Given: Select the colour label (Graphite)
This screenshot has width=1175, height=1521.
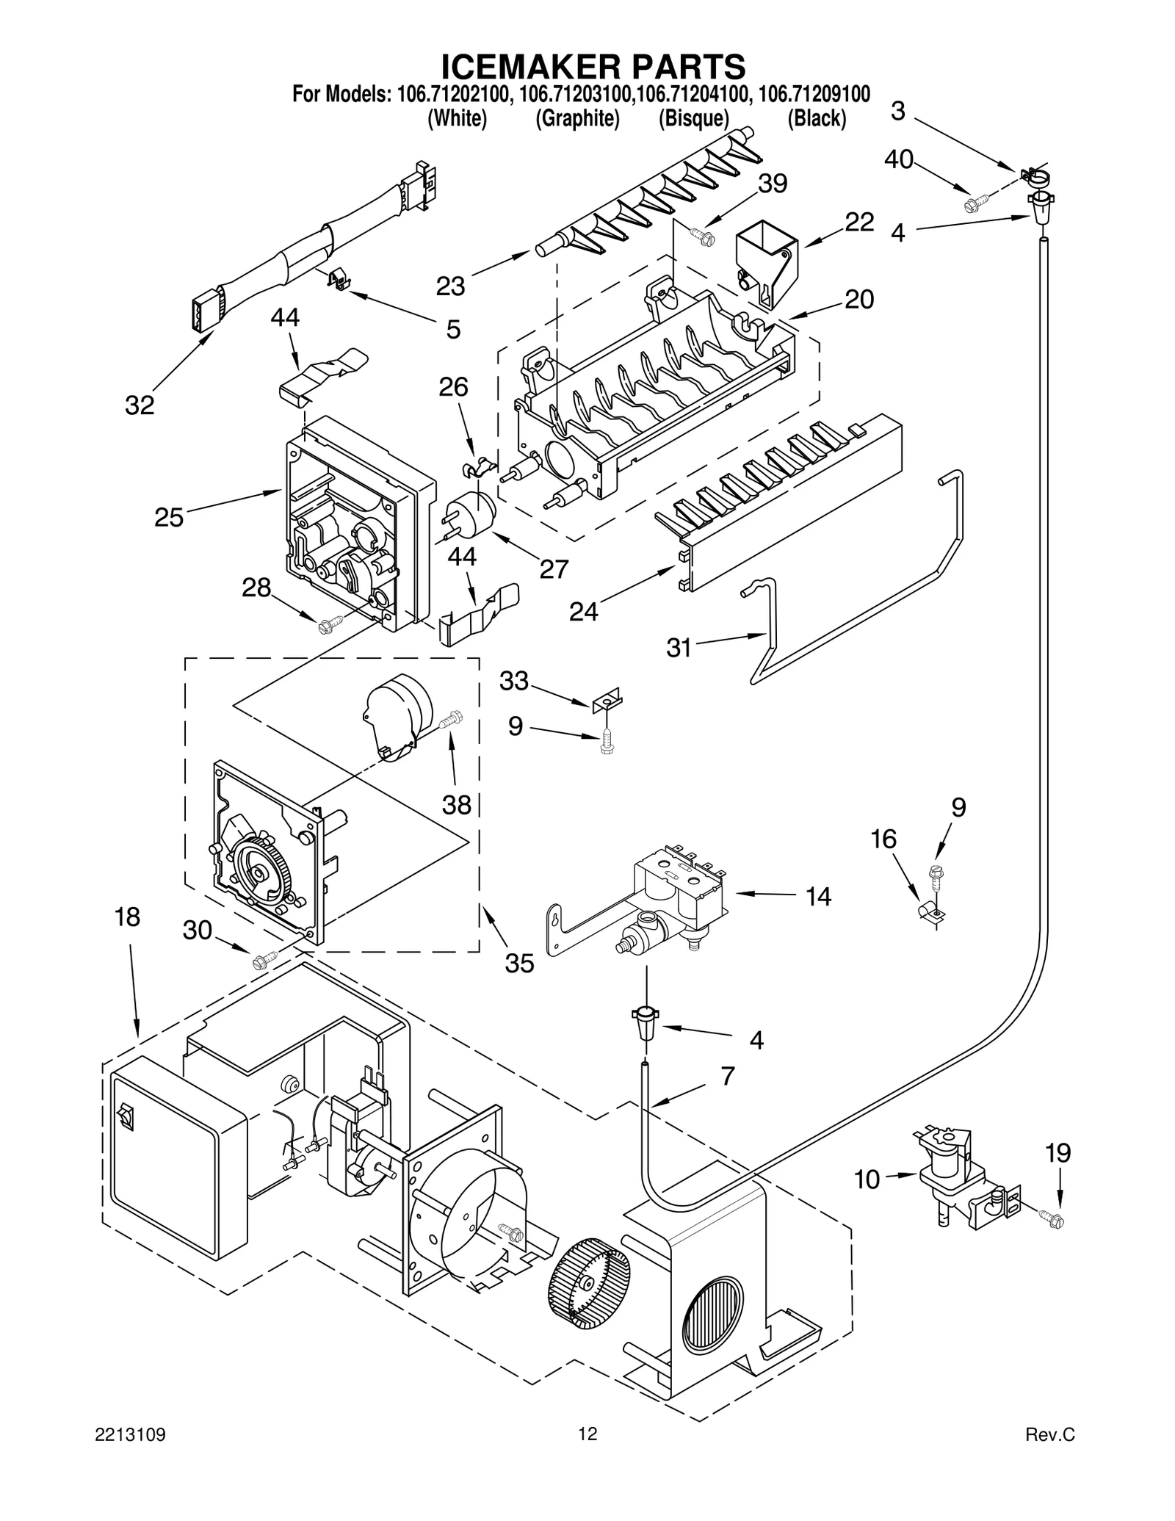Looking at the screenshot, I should click(577, 118).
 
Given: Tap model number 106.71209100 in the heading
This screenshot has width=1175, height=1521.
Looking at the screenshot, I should click(814, 94).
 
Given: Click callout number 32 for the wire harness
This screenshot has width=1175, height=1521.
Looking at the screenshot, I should click(140, 405).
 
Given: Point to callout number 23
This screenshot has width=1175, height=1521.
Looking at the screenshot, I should click(450, 286).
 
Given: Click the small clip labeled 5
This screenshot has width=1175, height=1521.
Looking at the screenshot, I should click(338, 279).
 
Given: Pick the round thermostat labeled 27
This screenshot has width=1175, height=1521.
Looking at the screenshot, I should click(471, 508).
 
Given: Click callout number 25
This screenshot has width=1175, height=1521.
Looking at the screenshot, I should click(168, 518).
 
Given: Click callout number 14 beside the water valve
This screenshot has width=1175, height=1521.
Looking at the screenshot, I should click(817, 897).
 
